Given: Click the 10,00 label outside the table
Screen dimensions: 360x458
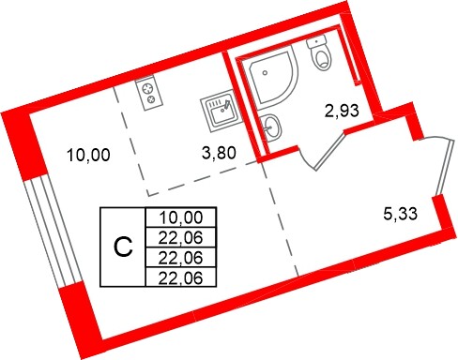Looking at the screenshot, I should (x=89, y=156).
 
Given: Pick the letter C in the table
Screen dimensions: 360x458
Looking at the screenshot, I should (x=121, y=247).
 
